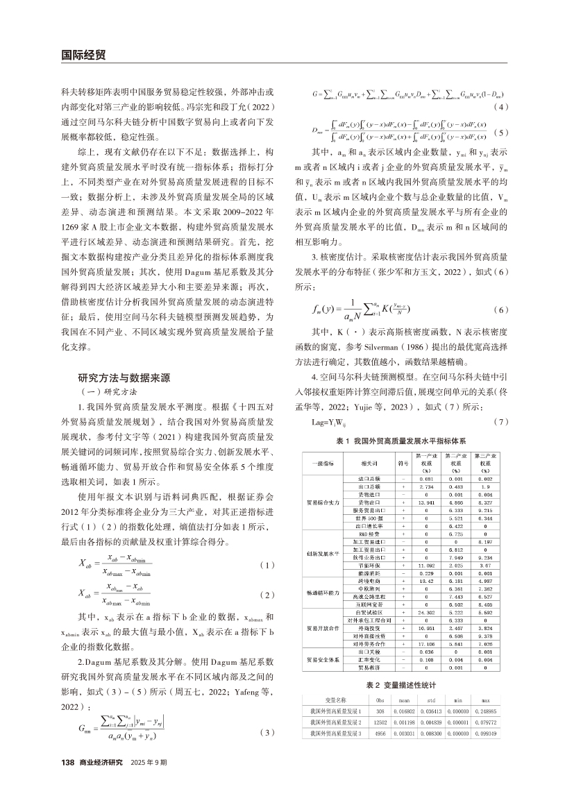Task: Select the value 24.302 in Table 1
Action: coord(425,612)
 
